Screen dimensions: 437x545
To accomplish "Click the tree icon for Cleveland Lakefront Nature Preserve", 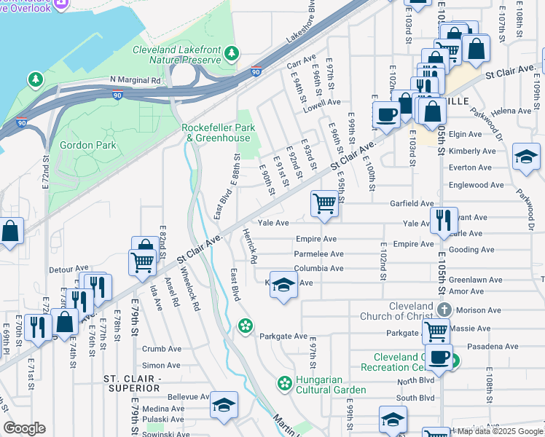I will pyautogui.click(x=232, y=52).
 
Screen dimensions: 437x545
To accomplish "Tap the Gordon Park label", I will pyautogui.click(x=87, y=145).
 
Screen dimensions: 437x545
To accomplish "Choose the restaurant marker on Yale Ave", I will pyautogui.click(x=443, y=220).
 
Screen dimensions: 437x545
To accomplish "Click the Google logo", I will pyautogui.click(x=24, y=428).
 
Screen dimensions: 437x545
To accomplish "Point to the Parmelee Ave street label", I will pyautogui.click(x=318, y=254).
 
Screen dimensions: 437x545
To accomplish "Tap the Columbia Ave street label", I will pyautogui.click(x=318, y=269).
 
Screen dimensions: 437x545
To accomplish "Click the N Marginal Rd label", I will pyautogui.click(x=136, y=80).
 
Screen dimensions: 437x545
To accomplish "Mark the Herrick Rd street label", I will pyautogui.click(x=249, y=247).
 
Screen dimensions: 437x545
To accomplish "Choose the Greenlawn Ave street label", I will pyautogui.click(x=474, y=280).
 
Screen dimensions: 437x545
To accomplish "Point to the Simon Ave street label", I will pyautogui.click(x=162, y=366).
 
